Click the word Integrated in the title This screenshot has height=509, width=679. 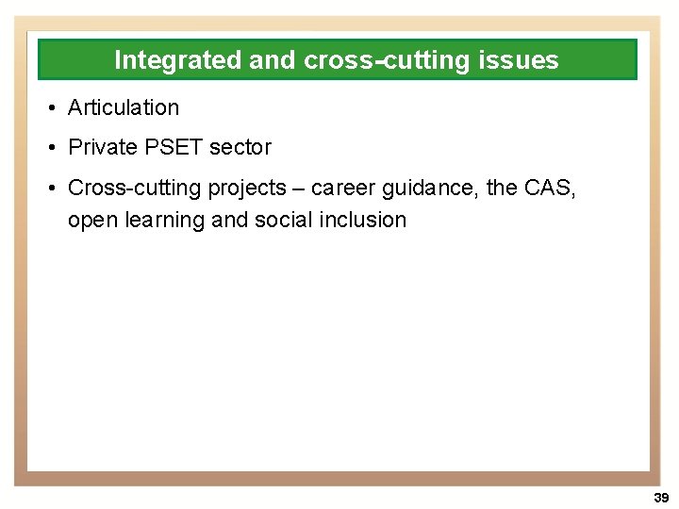[177, 60]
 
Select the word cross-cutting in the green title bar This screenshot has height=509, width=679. [387, 60]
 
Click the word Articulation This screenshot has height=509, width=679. [124, 108]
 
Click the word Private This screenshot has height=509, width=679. [103, 148]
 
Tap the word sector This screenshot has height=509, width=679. [240, 148]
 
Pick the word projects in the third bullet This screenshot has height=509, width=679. [246, 189]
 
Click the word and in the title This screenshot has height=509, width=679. [273, 60]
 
